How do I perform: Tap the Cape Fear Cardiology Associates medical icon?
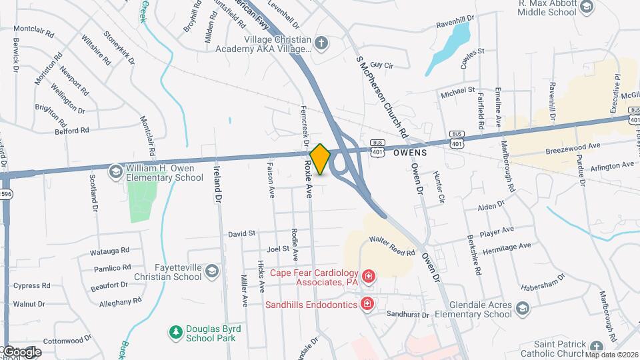[x=367, y=276]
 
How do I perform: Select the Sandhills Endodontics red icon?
[x=367, y=304]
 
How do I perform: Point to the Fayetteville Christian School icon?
[x=211, y=271]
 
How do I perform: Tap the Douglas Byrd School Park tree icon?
[x=175, y=331]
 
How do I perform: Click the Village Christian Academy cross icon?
[x=322, y=44]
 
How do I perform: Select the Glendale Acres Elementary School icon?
[x=522, y=307]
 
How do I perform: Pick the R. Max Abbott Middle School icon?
[x=587, y=7]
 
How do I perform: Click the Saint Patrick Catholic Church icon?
[x=595, y=347]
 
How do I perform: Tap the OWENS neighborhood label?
[x=409, y=153]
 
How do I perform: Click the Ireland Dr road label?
[x=217, y=184]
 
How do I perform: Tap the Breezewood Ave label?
[x=573, y=145]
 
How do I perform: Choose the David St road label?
[x=242, y=234]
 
